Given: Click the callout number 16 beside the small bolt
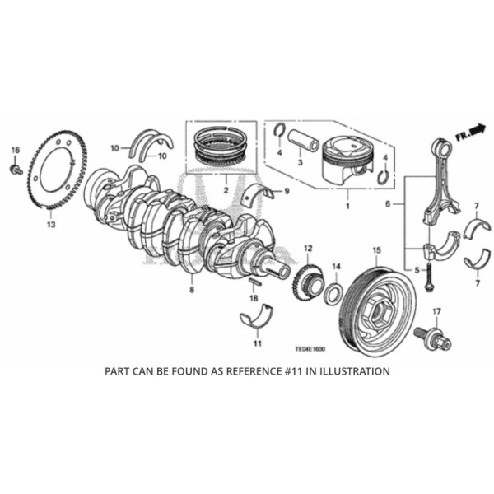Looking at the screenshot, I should (14, 149).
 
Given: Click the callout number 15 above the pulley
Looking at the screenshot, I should (375, 249).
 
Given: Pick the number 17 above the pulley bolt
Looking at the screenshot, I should (436, 310).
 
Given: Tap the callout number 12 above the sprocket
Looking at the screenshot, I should (307, 248).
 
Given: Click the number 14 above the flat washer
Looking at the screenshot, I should (336, 266).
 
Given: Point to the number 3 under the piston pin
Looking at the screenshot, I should (301, 164).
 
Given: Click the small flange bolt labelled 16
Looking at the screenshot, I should (16, 169).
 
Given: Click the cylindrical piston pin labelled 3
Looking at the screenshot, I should (302, 137).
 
